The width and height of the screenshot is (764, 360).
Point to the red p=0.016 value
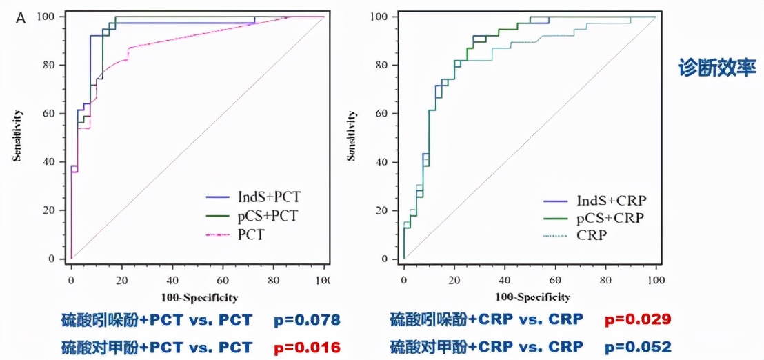pos(306,346)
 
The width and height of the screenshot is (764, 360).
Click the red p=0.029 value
pos(638,320)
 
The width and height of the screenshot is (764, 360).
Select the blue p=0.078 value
pos(306,320)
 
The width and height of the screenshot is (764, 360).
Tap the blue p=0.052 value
pos(638,346)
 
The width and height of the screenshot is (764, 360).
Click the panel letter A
pos(21,18)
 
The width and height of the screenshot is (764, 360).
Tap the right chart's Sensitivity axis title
pos(353,136)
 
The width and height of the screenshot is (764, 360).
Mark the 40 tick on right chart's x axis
pos(505,281)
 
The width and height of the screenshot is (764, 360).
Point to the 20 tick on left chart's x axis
pos(121,281)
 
